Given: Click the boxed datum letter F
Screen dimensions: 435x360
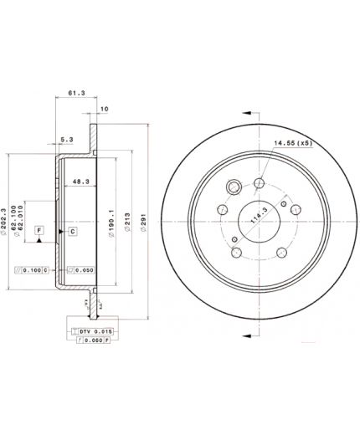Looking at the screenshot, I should click(x=39, y=229).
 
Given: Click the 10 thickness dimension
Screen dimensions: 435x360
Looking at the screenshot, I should click(x=105, y=110).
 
